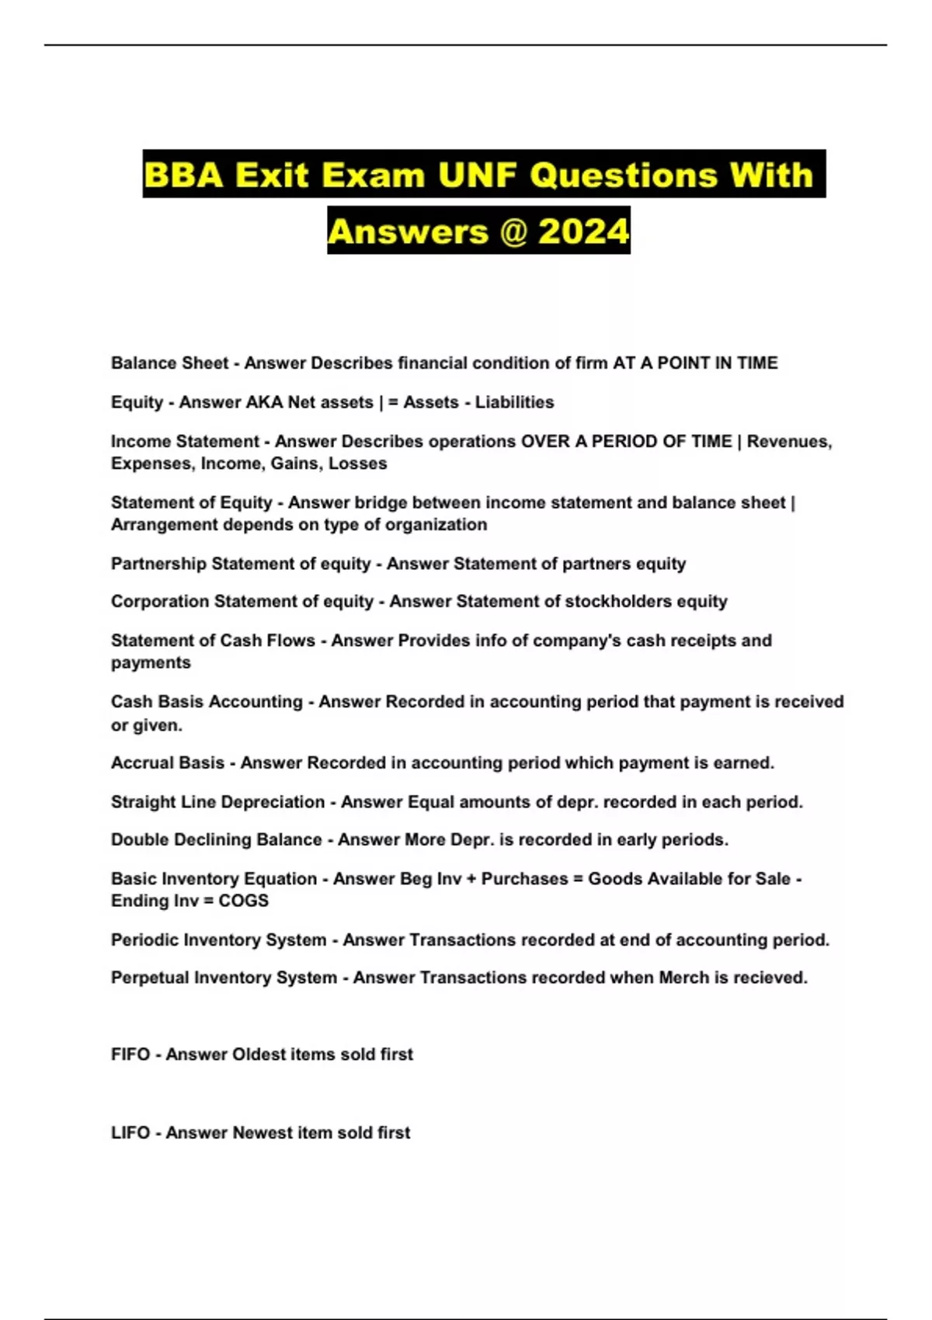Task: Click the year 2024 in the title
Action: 583,231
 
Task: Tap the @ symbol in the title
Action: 513,231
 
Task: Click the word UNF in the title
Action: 477,175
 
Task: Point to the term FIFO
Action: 130,1054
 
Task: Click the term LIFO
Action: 130,1133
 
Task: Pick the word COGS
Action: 243,901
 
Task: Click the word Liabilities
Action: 514,402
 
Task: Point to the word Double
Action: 140,840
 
